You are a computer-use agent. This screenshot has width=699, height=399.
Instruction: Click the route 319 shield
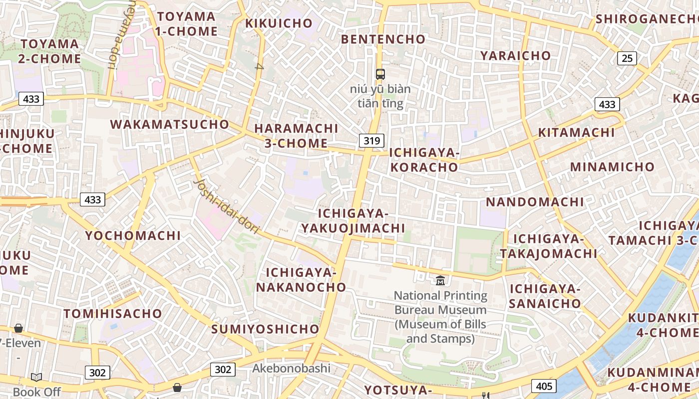pyautogui.click(x=371, y=141)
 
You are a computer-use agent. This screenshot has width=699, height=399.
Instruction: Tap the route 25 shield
pyautogui.click(x=627, y=58)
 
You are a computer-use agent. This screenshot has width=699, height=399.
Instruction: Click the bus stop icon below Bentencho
pyautogui.click(x=380, y=74)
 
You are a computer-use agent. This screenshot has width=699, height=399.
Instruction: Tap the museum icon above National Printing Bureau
pyautogui.click(x=440, y=281)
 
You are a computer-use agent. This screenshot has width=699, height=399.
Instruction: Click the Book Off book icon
pyautogui.click(x=36, y=377)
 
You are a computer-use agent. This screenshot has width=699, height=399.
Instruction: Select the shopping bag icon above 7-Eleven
pyautogui.click(x=18, y=328)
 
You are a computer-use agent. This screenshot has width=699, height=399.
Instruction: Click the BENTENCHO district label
pyautogui.click(x=383, y=39)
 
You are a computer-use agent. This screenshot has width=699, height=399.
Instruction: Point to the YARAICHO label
pyautogui.click(x=515, y=55)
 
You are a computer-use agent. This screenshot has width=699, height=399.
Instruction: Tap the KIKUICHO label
pyautogui.click(x=279, y=23)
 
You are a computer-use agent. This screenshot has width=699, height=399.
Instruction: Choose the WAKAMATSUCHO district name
pyautogui.click(x=169, y=124)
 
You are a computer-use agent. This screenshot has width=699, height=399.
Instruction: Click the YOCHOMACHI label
pyautogui.click(x=133, y=235)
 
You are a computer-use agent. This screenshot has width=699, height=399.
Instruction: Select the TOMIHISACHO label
pyautogui.click(x=113, y=314)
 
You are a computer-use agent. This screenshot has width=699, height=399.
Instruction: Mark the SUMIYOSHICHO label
pyautogui.click(x=265, y=329)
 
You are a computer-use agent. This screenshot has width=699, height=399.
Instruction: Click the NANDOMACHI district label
pyautogui.click(x=535, y=202)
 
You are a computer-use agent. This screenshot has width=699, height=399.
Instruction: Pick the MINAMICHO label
pyautogui.click(x=612, y=167)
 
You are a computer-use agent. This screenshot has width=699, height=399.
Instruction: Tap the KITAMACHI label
pyautogui.click(x=576, y=133)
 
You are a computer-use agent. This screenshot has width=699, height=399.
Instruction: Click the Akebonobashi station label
pyautogui.click(x=292, y=369)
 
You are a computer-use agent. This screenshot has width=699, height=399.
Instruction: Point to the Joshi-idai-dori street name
pyautogui.click(x=226, y=206)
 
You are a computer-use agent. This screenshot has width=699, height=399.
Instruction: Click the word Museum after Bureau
pyautogui.click(x=462, y=310)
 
